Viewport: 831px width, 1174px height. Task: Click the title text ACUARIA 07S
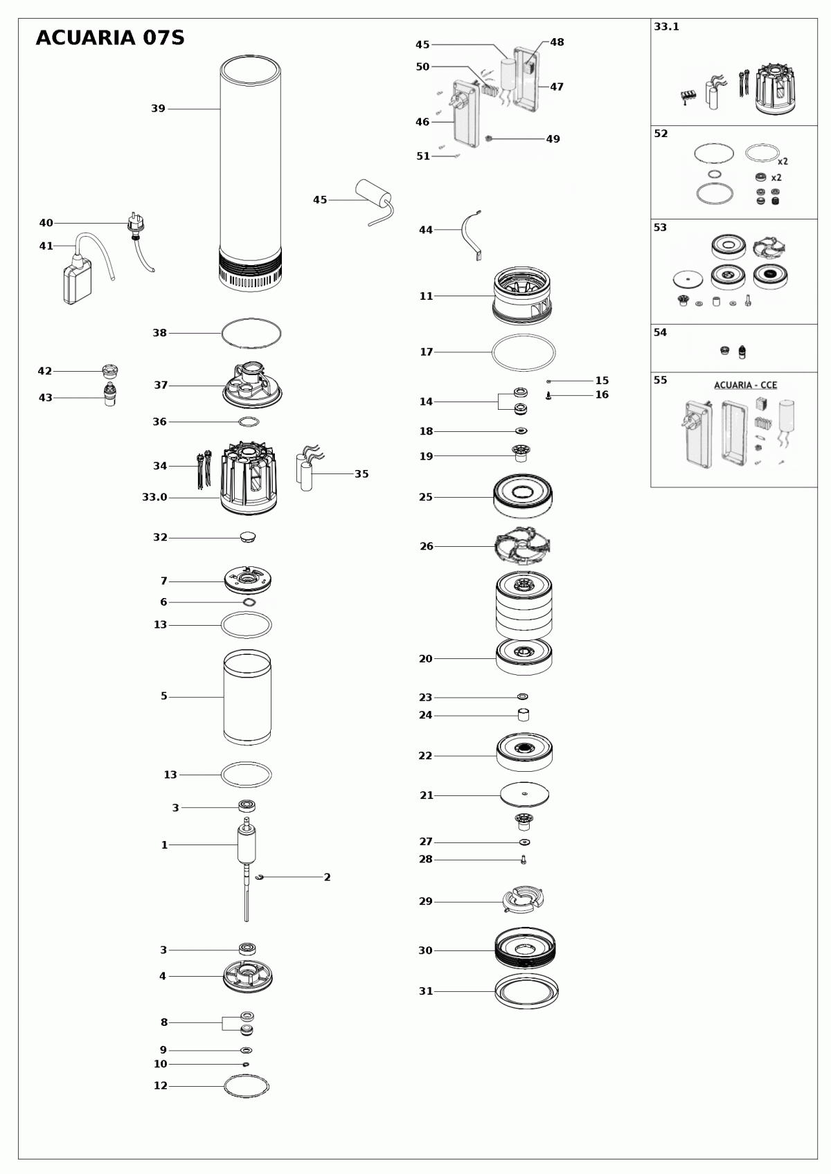pyautogui.click(x=110, y=38)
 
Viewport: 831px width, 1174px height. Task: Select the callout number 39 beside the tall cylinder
pyautogui.click(x=158, y=109)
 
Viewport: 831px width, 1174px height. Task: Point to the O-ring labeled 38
pyautogui.click(x=251, y=333)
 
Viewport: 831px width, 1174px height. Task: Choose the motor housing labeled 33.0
pyautogui.click(x=248, y=481)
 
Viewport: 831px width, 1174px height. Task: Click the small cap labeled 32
pyautogui.click(x=247, y=536)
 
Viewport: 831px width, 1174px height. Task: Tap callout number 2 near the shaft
pyautogui.click(x=327, y=877)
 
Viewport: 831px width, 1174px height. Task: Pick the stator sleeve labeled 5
pyautogui.click(x=247, y=697)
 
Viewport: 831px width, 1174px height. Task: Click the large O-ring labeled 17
pyautogui.click(x=524, y=352)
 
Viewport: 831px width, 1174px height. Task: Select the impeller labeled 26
pyautogui.click(x=523, y=547)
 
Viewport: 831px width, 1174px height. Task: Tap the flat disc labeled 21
pyautogui.click(x=524, y=795)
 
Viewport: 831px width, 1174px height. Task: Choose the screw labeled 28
pyautogui.click(x=524, y=860)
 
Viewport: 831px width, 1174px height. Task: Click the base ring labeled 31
pyautogui.click(x=526, y=992)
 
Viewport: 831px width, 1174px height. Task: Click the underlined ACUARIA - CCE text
pyautogui.click(x=745, y=385)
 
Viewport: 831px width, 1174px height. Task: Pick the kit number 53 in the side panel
pyautogui.click(x=661, y=227)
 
